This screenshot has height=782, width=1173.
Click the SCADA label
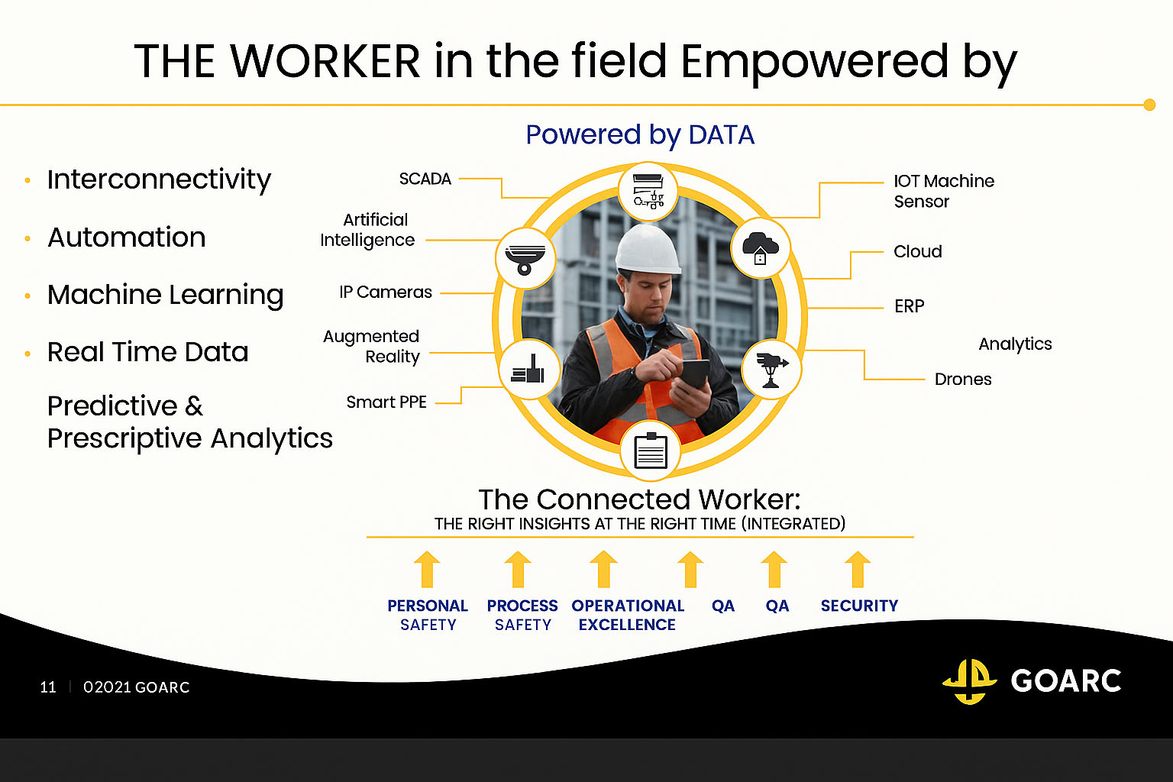click(425, 179)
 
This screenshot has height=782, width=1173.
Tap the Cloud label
click(917, 251)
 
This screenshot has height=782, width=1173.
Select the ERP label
click(909, 306)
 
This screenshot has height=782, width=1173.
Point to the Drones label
click(963, 379)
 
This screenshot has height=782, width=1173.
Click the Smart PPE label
click(386, 402)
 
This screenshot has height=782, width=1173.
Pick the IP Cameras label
click(386, 292)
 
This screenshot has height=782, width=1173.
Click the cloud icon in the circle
click(761, 247)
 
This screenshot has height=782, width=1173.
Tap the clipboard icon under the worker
click(651, 451)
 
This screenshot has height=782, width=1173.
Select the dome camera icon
click(525, 259)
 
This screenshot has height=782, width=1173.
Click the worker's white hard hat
click(648, 249)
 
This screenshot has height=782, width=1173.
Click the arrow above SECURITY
click(858, 570)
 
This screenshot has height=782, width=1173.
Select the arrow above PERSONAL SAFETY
click(427, 570)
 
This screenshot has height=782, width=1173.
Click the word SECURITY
click(859, 606)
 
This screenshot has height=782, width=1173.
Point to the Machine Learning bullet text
click(166, 295)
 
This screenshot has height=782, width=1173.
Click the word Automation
click(127, 238)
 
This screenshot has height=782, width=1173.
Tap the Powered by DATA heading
click(640, 135)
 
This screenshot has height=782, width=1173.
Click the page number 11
click(48, 687)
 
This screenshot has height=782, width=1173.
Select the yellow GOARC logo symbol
click(970, 681)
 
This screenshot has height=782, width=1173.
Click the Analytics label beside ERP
click(1016, 344)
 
